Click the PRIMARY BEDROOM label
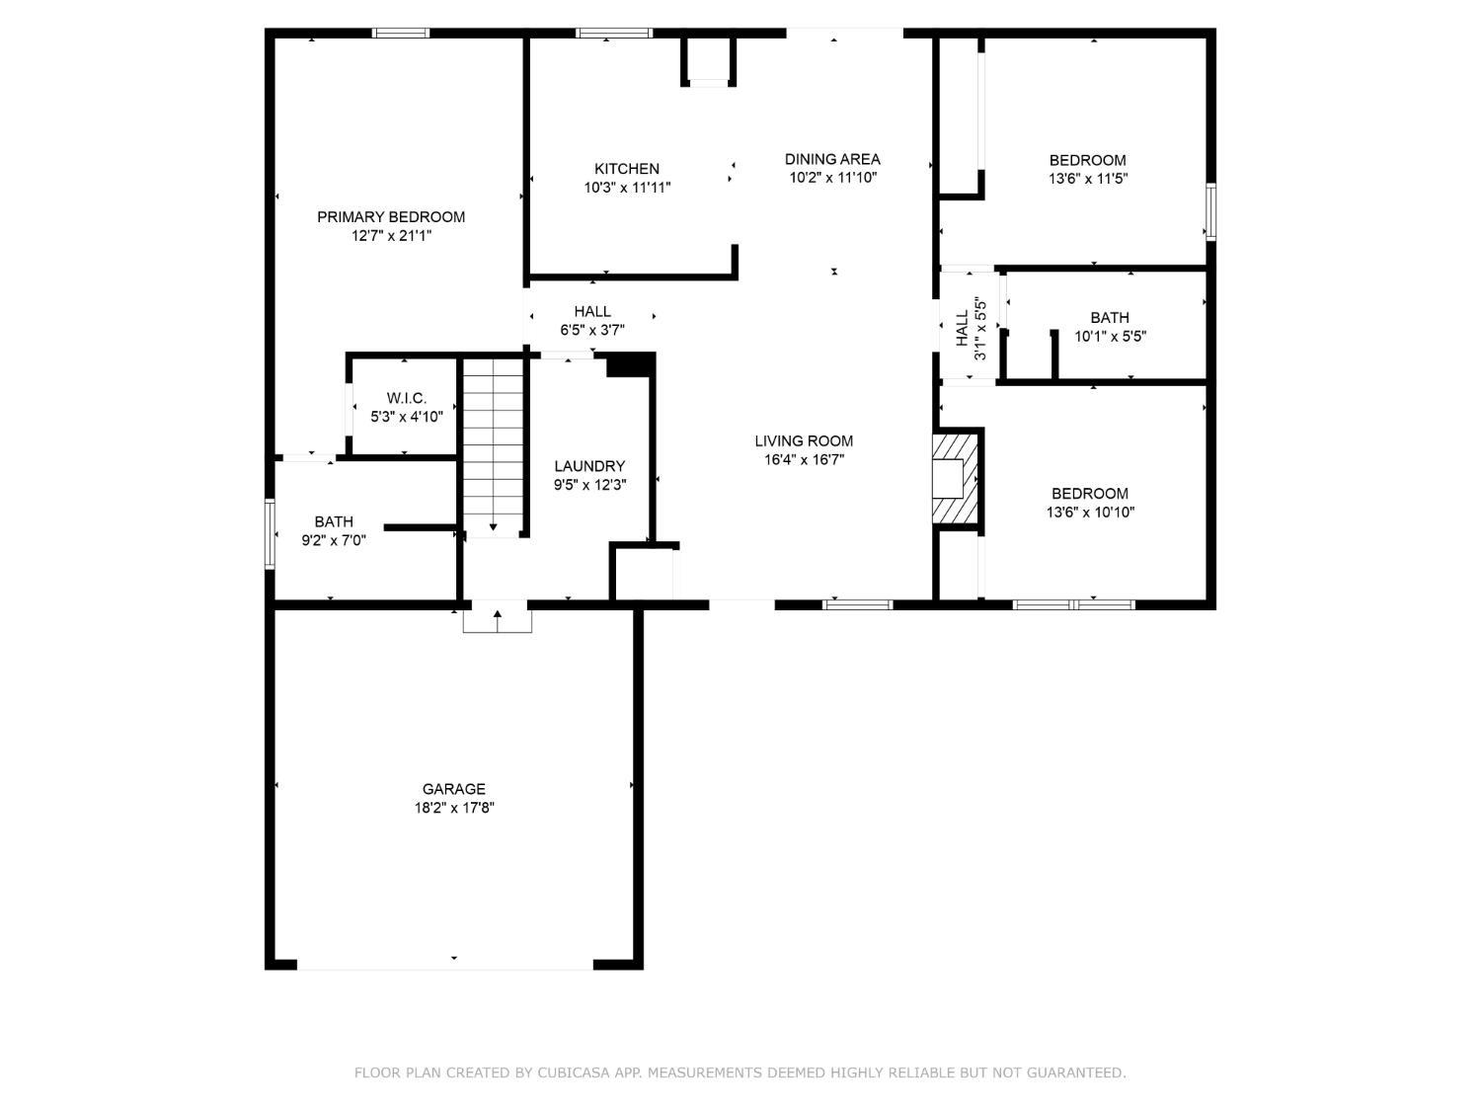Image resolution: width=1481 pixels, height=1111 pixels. coord(391,217)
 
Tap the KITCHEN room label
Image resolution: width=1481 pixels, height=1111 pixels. coord(626,169)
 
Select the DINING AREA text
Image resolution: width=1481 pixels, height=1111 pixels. coord(832,159)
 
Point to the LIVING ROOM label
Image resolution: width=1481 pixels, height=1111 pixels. coord(804,441)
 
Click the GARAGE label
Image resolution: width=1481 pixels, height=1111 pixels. coord(453,788)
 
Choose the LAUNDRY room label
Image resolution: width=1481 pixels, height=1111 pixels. coord(589,466)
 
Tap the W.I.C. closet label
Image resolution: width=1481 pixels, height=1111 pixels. coord(406,398)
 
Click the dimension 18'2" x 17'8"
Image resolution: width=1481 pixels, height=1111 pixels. coord(454,808)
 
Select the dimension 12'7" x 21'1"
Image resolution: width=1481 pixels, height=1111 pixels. coord(391,236)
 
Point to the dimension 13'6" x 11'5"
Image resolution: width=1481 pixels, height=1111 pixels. coord(1088,179)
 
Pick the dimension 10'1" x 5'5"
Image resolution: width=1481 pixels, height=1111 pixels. coord(1110,336)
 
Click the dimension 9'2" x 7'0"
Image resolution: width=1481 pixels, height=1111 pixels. coord(334,540)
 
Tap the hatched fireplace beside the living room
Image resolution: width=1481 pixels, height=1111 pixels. coord(955,478)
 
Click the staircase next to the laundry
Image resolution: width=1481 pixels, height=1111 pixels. coord(494,447)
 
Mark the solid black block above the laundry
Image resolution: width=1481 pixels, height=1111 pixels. coord(630,365)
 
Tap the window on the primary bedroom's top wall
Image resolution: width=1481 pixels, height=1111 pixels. coord(401,33)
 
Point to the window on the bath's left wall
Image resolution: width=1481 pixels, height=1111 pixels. coord(270,533)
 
